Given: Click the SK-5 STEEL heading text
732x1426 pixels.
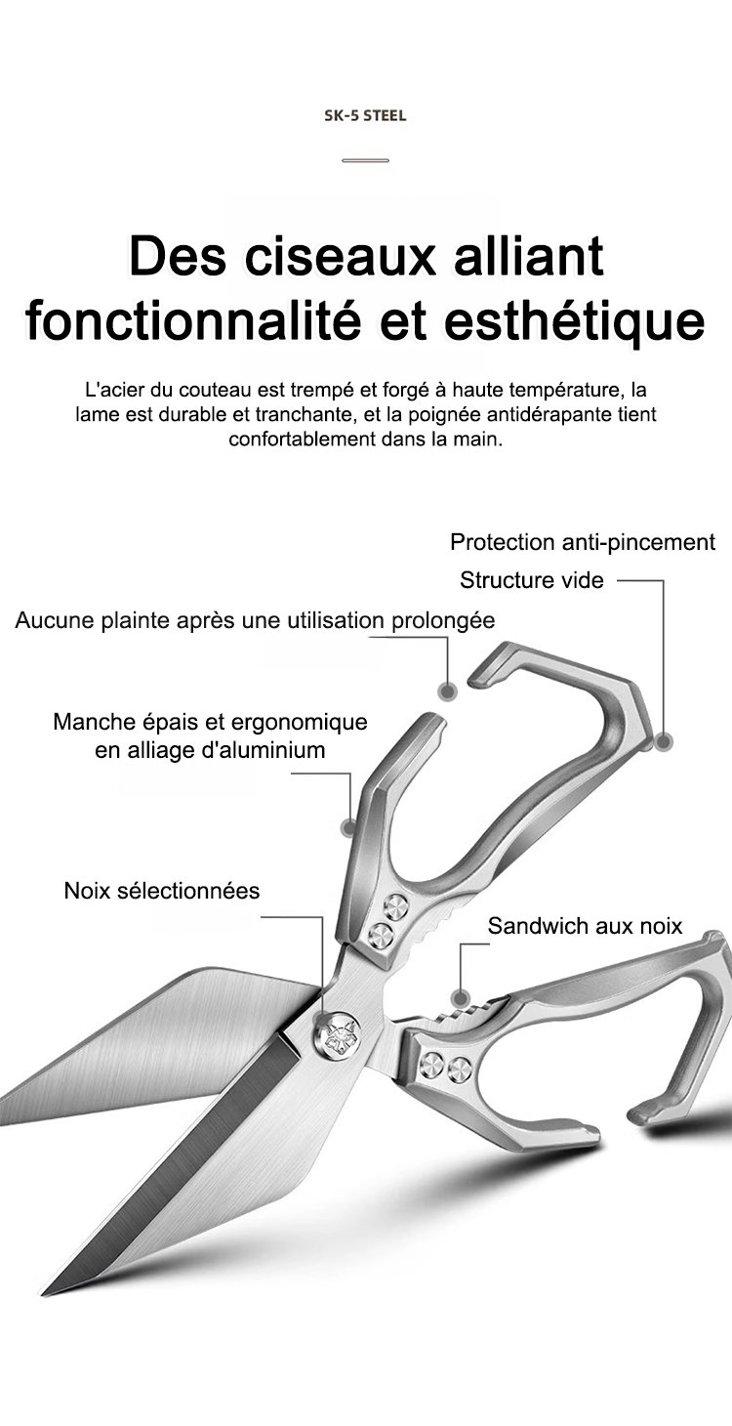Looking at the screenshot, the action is pos(365,116).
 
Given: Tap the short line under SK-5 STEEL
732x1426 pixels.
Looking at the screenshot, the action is pos(365,160).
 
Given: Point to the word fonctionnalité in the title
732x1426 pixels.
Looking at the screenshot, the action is pos(194,320).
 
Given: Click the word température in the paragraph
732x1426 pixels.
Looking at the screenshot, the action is pos(570,391).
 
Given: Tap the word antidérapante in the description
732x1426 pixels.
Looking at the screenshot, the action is pos(540,415).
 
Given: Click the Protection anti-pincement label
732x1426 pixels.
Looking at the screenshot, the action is pos(583,542).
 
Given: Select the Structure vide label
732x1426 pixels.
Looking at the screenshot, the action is pos(532,580).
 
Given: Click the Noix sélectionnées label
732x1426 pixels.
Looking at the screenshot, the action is pos(162,891).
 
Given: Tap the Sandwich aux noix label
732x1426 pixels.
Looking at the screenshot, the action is pos(585,926).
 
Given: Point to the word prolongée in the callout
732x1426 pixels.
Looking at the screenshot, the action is pos(443,620).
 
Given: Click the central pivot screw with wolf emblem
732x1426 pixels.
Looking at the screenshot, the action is pos(335,1037).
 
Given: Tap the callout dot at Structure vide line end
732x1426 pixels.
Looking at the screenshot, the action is pos(664,741).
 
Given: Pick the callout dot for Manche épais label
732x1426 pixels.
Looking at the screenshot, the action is pos(348,828).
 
